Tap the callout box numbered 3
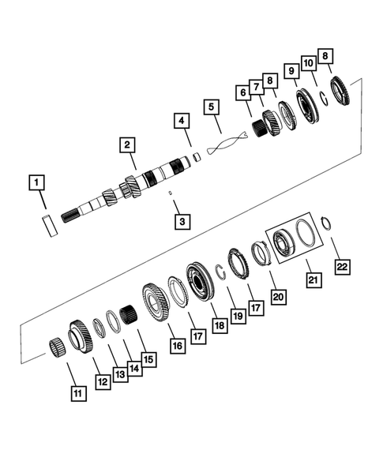coord(182,222)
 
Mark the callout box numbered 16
coord(175,345)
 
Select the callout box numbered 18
coord(217,324)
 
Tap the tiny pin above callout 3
coord(169,192)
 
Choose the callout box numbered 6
coord(242,92)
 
